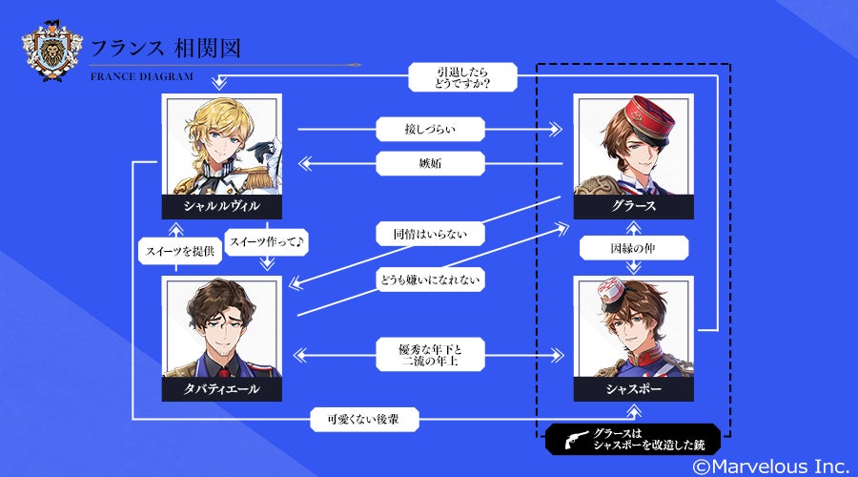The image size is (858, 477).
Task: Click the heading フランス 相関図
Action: click(x=172, y=47)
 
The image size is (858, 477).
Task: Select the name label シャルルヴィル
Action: click(x=222, y=206)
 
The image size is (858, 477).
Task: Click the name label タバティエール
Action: click(x=222, y=389)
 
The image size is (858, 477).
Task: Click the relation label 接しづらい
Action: click(x=431, y=128)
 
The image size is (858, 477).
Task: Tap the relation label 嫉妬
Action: click(x=431, y=164)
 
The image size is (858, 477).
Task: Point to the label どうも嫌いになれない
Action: click(x=431, y=280)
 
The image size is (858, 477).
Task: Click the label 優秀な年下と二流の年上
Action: click(x=431, y=355)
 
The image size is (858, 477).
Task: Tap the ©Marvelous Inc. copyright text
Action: click(x=770, y=466)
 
